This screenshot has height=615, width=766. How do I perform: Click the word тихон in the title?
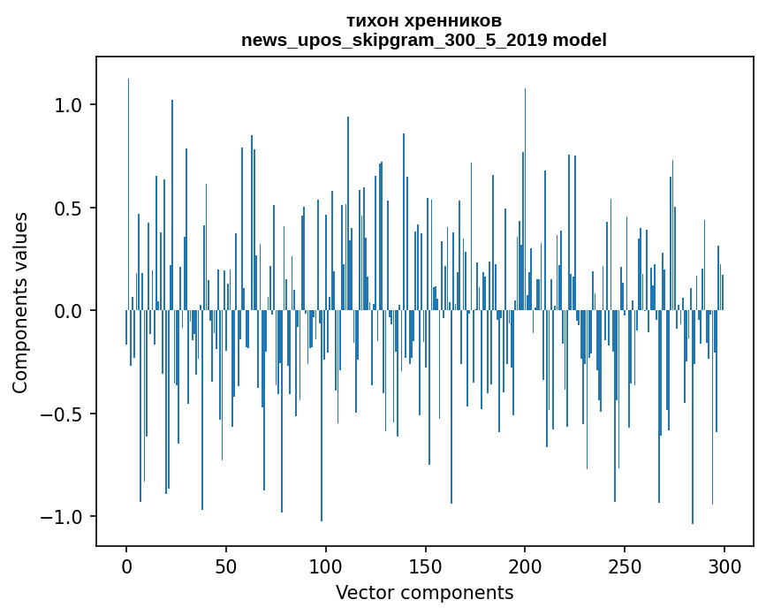tap(375, 20)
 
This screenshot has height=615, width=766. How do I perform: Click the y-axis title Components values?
tap(20, 302)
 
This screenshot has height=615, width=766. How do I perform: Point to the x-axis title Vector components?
tap(424, 592)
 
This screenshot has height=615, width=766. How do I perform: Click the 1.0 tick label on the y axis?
tap(67, 105)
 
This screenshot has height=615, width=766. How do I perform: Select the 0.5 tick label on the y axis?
tap(67, 209)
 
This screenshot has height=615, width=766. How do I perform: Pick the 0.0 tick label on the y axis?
tap(67, 311)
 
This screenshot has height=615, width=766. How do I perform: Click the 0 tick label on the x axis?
tap(126, 566)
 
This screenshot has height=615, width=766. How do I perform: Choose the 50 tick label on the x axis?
tap(226, 566)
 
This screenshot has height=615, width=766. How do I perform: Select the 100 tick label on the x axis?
tap(326, 566)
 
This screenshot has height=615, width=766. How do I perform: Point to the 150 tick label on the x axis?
tap(425, 566)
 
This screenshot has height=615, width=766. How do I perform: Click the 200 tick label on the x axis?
tap(525, 566)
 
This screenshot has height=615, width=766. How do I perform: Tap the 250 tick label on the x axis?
tap(625, 566)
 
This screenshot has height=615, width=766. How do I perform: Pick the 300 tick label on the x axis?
tap(724, 566)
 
